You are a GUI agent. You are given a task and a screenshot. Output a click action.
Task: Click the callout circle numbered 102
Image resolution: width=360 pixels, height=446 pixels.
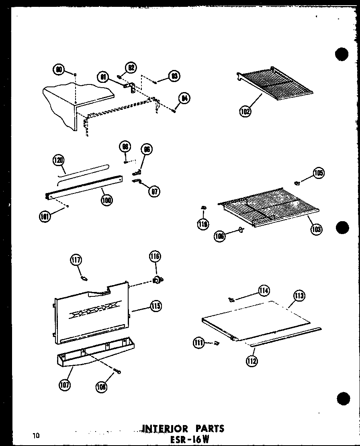click(x=245, y=111)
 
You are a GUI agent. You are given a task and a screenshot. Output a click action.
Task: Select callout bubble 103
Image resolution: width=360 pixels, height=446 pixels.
click(x=316, y=229)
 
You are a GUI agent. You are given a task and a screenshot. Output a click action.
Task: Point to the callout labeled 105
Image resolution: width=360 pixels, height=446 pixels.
click(x=319, y=173)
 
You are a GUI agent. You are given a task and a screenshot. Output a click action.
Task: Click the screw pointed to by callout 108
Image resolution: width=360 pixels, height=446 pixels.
click(x=117, y=372)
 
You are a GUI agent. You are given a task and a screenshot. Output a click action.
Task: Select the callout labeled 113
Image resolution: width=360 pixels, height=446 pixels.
click(x=299, y=297)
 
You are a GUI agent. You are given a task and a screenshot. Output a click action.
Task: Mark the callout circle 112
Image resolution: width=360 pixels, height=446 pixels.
click(x=252, y=360)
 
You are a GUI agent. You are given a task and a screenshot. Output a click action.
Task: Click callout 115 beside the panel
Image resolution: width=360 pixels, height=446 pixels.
click(x=155, y=306)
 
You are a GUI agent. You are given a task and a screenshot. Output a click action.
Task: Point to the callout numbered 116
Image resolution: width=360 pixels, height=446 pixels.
click(x=155, y=256)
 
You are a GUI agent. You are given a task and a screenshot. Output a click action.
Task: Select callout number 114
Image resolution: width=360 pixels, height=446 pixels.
click(x=264, y=290)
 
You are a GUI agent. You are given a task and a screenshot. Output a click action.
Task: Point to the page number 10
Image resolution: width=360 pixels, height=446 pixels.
click(x=37, y=435)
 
